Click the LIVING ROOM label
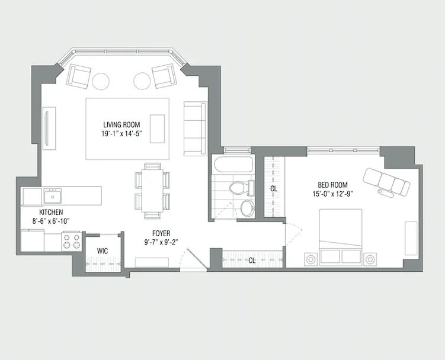121,124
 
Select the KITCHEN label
52,212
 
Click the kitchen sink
53,196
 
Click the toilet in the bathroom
237,189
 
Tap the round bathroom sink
247,208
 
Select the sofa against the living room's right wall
194,128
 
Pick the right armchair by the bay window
162,76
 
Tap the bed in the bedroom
341,237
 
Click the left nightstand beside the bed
310,259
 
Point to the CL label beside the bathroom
274,189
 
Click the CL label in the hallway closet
252,260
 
